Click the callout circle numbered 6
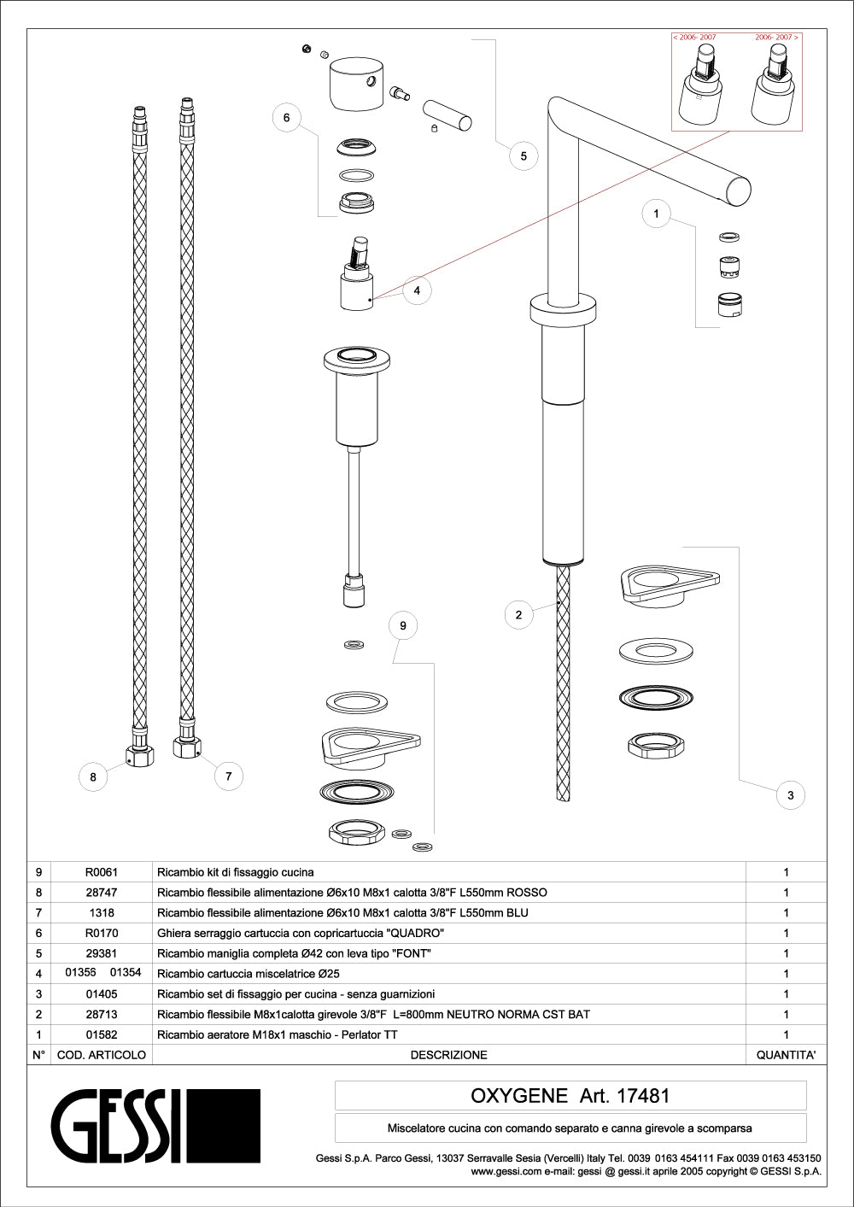287,118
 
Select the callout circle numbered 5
524,155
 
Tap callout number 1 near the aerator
656,214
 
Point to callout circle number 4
417,290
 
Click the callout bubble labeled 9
403,625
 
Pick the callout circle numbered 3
791,795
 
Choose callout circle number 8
93,776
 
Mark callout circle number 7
228,776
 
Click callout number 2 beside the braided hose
518,614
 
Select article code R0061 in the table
102,872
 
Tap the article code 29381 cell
102,953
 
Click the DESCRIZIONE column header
448,1055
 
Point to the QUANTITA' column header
786,1055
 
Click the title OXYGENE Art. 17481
570,1095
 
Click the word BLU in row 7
517,913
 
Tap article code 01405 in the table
102,994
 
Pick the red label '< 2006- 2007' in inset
695,38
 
